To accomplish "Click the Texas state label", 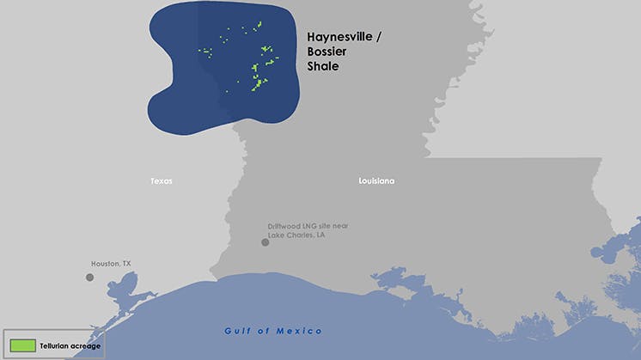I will coord(161,181).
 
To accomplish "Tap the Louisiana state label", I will coord(376,181).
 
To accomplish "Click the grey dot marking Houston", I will coord(89,278).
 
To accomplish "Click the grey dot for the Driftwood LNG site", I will coord(266,242).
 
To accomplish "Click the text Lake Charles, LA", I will coord(296,235).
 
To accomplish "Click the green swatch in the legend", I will coord(22,345).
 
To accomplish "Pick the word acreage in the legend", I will coord(86,346).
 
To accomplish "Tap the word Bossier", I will coord(327,52).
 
